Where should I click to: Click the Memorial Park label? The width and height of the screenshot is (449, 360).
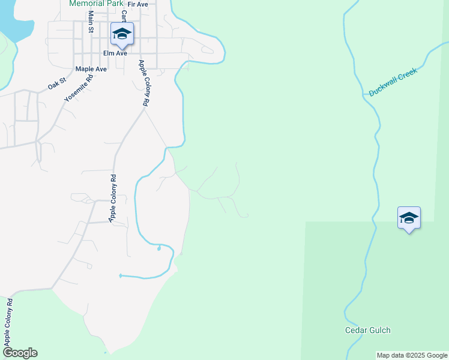coord(96,4)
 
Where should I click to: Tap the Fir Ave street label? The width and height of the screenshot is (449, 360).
coord(138,4)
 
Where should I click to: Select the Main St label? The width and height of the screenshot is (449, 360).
coord(91,21)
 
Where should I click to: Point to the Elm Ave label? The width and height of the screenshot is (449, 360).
coord(115,53)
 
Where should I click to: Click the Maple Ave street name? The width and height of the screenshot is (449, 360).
coord(91,69)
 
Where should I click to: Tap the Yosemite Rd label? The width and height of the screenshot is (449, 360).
coord(79,88)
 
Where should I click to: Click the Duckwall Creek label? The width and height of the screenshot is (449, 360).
coord(393,82)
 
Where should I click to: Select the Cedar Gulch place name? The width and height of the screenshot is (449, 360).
coord(367,330)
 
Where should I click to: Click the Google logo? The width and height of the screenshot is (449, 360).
coord(20,353)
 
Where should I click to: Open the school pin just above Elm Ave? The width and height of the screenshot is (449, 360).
coord(122,34)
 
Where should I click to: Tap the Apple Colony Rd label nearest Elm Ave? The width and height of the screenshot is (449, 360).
coord(143,83)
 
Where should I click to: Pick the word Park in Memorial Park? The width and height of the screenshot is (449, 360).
coord(113,4)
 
